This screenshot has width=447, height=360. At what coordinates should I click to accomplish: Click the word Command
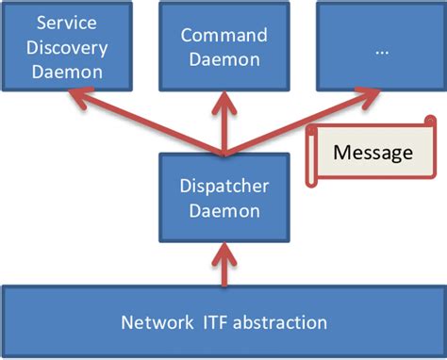pos(224,35)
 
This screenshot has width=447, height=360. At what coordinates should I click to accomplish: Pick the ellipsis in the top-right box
pos(380,52)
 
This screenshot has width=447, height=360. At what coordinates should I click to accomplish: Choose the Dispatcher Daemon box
pos(224,199)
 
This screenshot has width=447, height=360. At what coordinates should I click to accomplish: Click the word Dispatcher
pos(224,188)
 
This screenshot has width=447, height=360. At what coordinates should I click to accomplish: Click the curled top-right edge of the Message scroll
pos(429,123)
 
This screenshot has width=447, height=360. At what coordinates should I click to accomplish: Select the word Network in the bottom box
pos(156,322)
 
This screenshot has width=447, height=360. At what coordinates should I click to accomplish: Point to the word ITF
pos(216,322)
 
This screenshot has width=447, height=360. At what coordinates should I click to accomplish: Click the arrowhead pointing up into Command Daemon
pos(224,94)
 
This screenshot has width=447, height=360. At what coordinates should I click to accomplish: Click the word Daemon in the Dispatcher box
pos(224,211)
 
